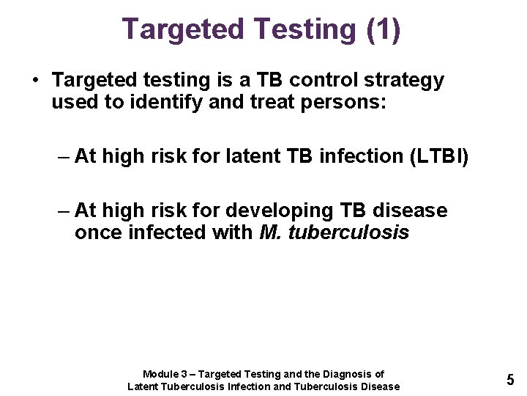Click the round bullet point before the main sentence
pyautogui.click(x=34, y=80)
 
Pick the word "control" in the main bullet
pyautogui.click(x=307, y=80)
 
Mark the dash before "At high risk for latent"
pyautogui.click(x=64, y=156)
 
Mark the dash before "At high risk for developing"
pyautogui.click(x=64, y=211)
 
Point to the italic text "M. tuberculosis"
pyautogui.click(x=334, y=233)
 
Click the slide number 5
pyautogui.click(x=510, y=380)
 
